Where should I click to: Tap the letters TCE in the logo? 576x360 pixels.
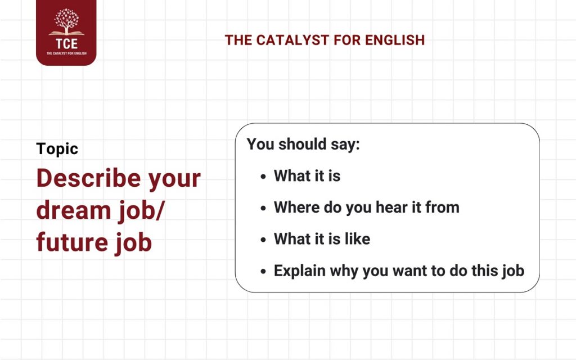(66, 44)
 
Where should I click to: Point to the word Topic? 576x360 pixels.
(57, 148)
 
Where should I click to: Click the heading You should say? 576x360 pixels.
(303, 144)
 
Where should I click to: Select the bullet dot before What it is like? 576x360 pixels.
(263, 240)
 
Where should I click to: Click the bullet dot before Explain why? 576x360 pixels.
(263, 271)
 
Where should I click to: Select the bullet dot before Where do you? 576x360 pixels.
(263, 208)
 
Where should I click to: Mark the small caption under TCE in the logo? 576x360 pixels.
(66, 54)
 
